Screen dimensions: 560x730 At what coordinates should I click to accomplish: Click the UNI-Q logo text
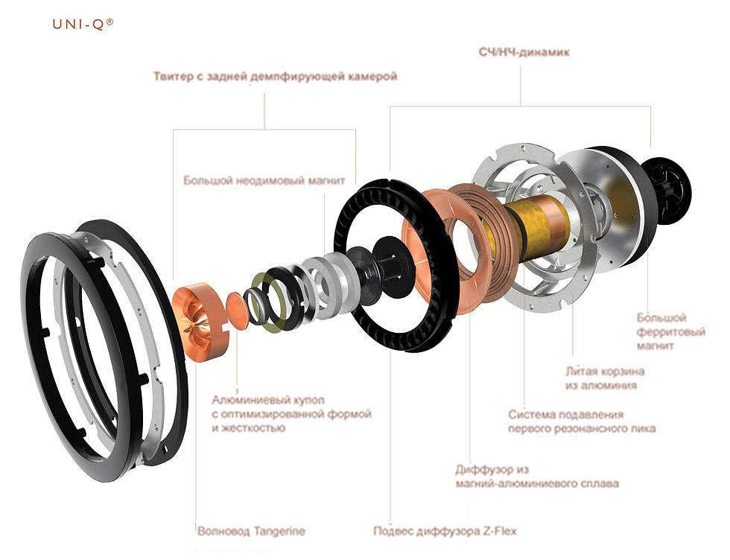(83, 24)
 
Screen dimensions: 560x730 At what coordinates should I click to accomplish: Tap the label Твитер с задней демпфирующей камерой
(275, 76)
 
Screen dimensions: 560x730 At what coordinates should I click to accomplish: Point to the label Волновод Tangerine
(251, 532)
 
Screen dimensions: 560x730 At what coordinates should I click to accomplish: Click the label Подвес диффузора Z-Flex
(445, 532)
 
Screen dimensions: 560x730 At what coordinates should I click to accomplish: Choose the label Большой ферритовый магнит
(670, 331)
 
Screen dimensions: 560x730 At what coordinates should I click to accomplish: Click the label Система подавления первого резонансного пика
(581, 421)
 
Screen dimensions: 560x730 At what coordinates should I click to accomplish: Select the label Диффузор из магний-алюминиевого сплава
(536, 477)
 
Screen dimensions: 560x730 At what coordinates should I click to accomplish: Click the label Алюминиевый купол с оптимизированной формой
(291, 413)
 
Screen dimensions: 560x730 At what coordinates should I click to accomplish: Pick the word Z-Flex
(498, 532)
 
